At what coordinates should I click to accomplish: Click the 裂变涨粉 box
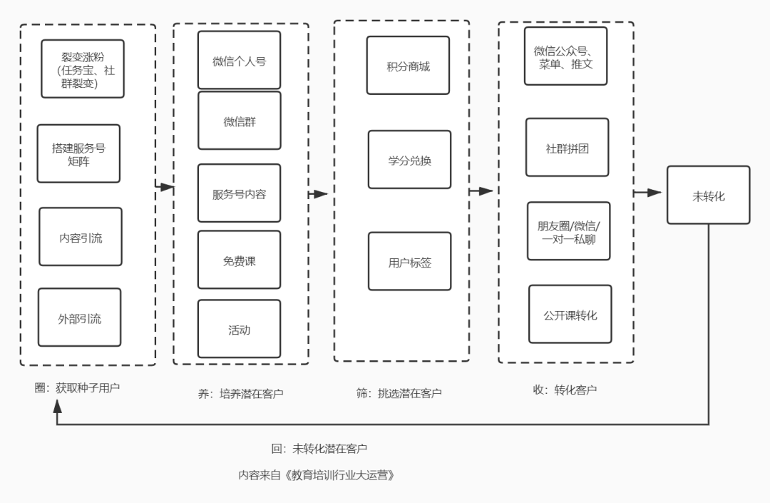tap(83, 68)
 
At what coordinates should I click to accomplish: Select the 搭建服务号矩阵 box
tap(78, 153)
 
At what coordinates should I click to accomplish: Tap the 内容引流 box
tap(81, 237)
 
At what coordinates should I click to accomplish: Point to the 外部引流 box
tap(80, 317)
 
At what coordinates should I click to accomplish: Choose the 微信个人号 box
tap(239, 61)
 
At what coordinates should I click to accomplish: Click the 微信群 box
tap(239, 121)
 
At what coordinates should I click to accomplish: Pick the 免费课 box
tap(239, 260)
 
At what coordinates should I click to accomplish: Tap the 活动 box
tap(239, 329)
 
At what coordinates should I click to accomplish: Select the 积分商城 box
tap(408, 66)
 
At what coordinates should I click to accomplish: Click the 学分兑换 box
tap(409, 159)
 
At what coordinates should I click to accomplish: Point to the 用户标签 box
tap(409, 261)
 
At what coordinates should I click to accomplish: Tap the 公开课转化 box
tap(570, 314)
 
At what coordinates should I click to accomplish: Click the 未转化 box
tap(708, 195)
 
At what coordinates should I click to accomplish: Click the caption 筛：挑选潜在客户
tap(399, 392)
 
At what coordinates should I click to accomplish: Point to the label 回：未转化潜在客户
tap(319, 448)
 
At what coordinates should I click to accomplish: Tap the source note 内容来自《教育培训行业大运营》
tap(317, 474)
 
